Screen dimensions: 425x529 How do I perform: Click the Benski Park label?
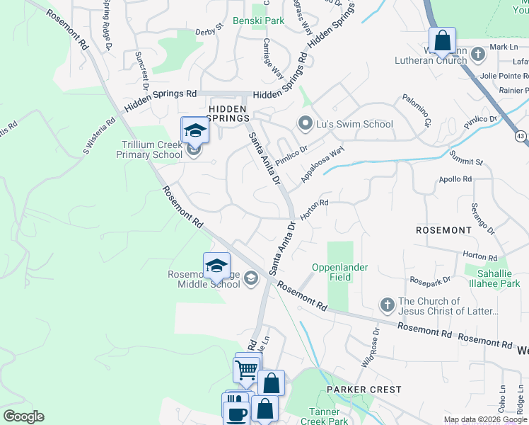coord(258,21)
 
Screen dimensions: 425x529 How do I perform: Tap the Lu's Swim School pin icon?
coord(306,124)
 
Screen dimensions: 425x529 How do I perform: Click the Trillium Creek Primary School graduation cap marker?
coord(194,131)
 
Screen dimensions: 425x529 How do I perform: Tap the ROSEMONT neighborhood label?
coord(443,230)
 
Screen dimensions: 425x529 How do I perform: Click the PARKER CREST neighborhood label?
coord(364,390)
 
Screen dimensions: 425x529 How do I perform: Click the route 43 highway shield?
coord(521,135)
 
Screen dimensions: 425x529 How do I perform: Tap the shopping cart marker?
coord(247,368)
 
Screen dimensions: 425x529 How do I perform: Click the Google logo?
coord(23,416)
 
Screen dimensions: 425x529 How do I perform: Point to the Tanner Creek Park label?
coord(329,416)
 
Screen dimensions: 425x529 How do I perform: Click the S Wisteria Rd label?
coord(99,136)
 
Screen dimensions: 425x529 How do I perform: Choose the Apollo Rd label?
coord(455,180)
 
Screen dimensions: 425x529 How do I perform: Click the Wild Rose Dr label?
coord(371,346)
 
